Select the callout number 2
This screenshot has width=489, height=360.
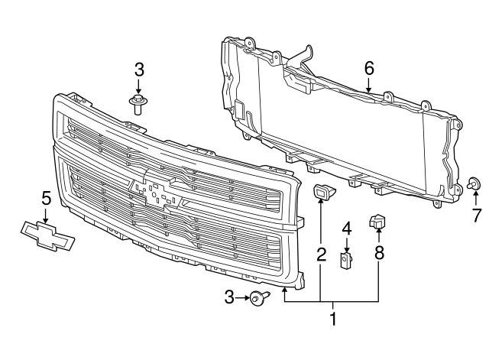coord(321,253)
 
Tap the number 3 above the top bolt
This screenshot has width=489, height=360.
coord(139,70)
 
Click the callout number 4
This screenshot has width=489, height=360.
coord(346,228)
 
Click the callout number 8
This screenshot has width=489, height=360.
coord(379,253)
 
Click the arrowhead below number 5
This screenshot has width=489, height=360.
coord(45,218)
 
